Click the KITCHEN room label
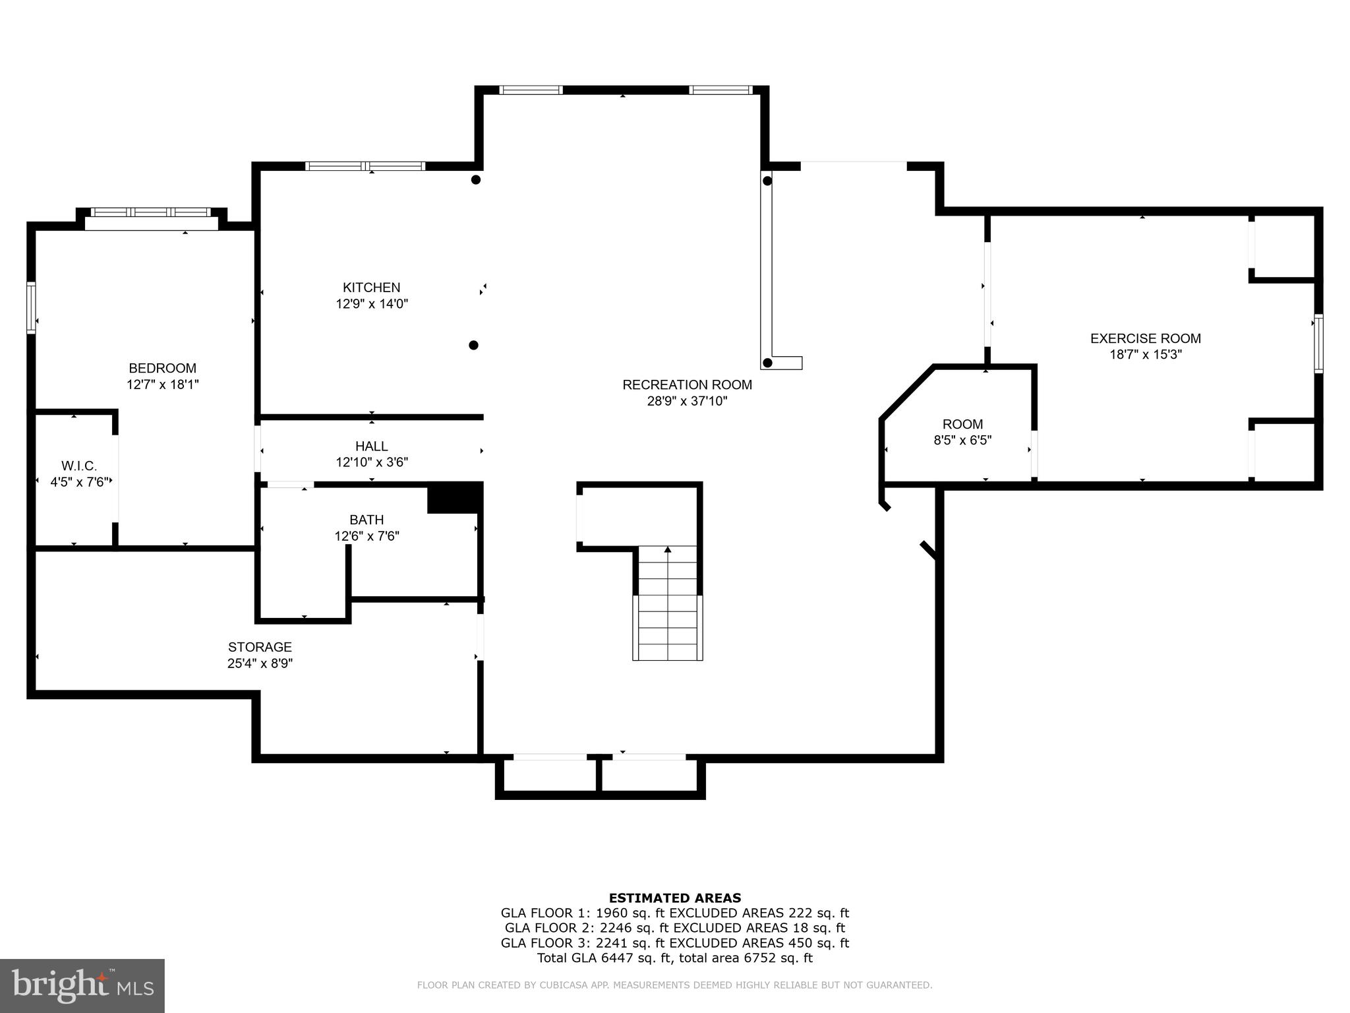[x=371, y=288]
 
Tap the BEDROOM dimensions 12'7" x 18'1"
[x=163, y=384]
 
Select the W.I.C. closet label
[x=79, y=466]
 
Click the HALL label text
[x=371, y=446]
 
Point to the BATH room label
[x=367, y=520]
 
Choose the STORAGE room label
[x=260, y=647]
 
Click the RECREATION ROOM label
[x=687, y=384]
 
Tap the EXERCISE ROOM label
[x=1145, y=338]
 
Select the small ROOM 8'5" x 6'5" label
[x=962, y=424]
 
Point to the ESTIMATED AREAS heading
[x=674, y=898]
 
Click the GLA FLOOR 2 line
[x=674, y=928]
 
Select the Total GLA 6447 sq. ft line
[x=674, y=958]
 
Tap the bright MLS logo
[x=82, y=985]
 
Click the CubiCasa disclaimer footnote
[x=674, y=985]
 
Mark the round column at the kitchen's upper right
[x=476, y=179]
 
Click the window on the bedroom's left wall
[x=31, y=307]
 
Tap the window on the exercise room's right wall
[x=1318, y=344]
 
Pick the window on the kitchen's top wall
[x=366, y=166]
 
